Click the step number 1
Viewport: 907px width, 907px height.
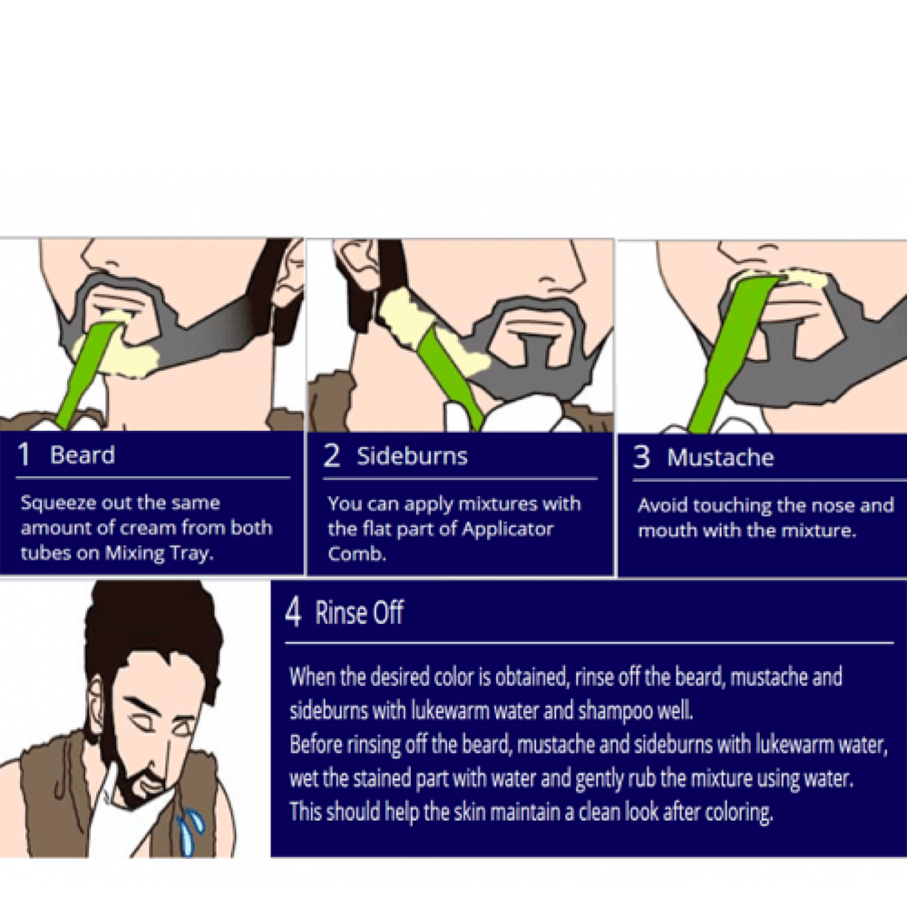pos(24,454)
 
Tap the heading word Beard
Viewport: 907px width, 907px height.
pos(83,455)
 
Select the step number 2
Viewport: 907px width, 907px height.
pos(331,456)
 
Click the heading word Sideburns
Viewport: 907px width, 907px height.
pos(412,456)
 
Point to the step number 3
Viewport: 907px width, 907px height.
pos(641,457)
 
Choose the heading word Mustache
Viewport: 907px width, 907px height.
pos(720,457)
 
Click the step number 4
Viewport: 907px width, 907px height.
pos(293,612)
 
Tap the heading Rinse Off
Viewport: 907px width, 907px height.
pos(359,612)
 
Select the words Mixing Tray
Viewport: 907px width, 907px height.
pos(159,553)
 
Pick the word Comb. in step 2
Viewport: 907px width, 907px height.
pos(356,553)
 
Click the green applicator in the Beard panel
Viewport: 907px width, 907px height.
pos(85,374)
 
